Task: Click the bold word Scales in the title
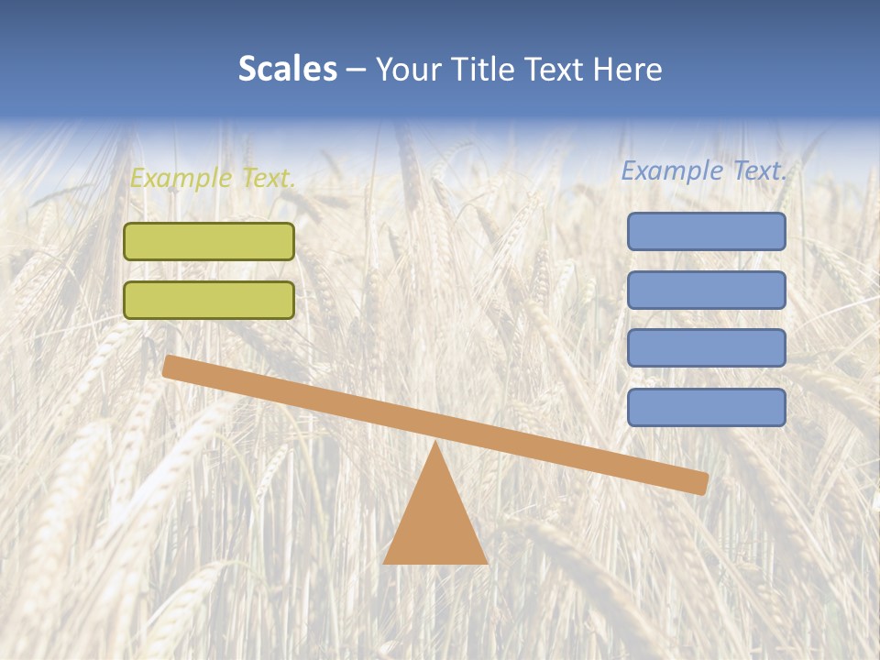pos(287,70)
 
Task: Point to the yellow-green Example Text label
pos(213,178)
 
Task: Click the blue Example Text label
pos(704,170)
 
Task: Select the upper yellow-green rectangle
pos(209,242)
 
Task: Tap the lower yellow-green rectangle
pos(209,300)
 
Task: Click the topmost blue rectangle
pos(707,232)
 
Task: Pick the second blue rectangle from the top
pos(707,290)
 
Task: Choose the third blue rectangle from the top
pos(707,348)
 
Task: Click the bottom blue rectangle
pos(707,407)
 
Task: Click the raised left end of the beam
pos(170,366)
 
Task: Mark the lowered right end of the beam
pos(700,483)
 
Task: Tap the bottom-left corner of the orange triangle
pos(385,562)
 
